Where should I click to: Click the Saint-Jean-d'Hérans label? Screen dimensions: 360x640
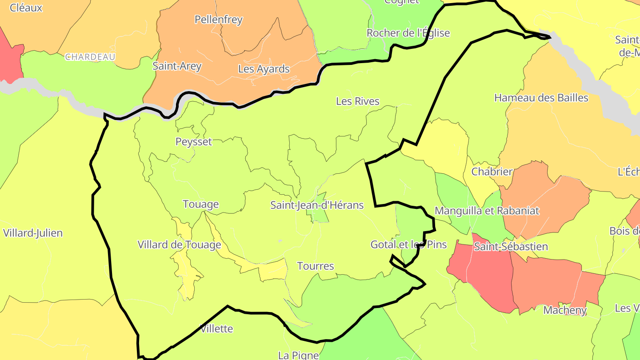tap(317, 205)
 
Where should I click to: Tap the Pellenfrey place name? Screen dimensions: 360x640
tap(219, 20)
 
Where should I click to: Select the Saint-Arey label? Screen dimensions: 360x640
tap(177, 66)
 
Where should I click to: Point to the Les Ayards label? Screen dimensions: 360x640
tap(264, 69)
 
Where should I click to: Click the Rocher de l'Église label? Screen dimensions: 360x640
tap(408, 33)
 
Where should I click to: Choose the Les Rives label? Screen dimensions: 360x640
tap(358, 101)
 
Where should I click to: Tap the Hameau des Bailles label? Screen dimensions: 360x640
tap(541, 98)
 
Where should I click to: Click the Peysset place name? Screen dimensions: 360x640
tap(194, 142)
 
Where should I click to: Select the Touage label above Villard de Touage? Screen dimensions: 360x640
tap(201, 204)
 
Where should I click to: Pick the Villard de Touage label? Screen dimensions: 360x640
tap(179, 244)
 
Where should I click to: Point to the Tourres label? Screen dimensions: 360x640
tap(316, 266)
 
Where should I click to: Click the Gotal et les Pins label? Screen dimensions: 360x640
tap(408, 244)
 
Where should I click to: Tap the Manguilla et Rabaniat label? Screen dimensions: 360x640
tap(487, 211)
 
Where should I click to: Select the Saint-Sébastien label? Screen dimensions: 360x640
tap(511, 246)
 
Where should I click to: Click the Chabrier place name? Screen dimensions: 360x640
tap(492, 172)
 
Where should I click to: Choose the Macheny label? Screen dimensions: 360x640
tap(565, 310)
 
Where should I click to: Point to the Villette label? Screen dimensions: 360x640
tap(216, 329)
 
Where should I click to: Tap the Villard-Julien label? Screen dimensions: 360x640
tap(33, 233)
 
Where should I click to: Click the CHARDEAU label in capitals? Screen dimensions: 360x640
tap(90, 57)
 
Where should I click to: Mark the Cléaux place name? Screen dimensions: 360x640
tap(26, 8)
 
